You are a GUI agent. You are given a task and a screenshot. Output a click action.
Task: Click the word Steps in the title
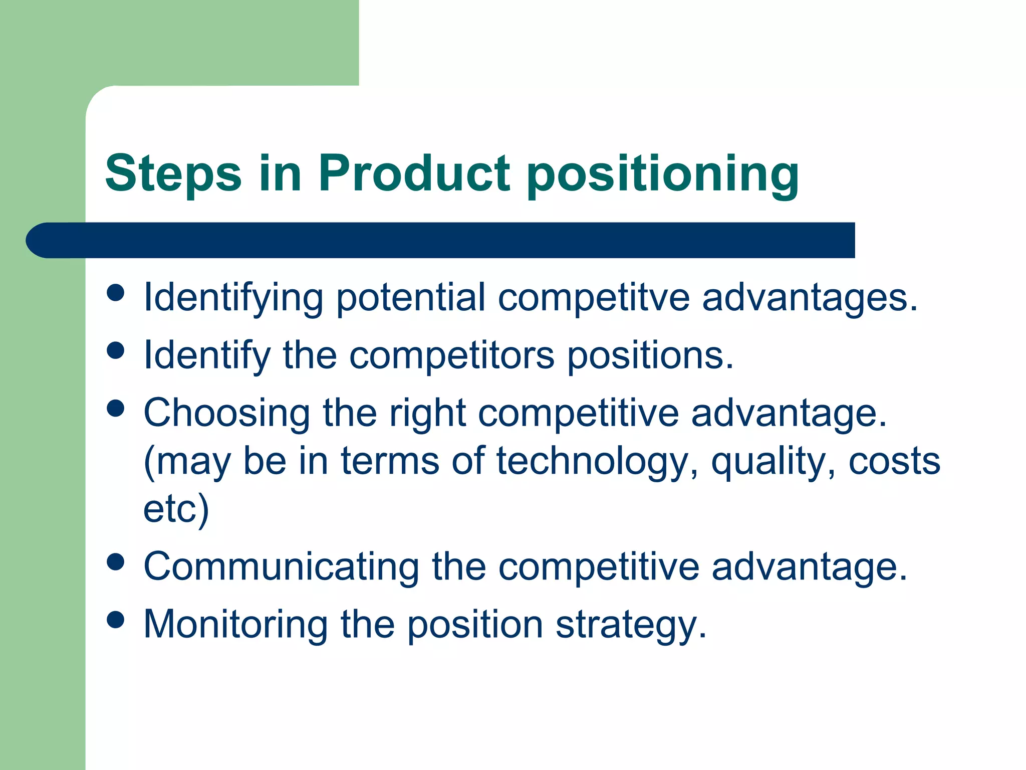173,174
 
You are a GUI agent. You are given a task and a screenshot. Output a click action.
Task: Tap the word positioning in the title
663,175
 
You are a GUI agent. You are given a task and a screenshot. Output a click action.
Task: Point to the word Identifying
233,298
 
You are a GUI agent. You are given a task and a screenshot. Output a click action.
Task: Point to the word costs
894,461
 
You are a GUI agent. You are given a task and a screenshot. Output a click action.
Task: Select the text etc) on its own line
176,509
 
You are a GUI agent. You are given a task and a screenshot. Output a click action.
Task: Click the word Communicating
281,567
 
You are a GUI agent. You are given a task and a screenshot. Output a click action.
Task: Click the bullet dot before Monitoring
116,620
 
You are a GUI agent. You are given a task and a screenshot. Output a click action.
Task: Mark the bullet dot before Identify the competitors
116,350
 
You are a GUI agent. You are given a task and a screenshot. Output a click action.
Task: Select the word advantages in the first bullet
810,298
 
